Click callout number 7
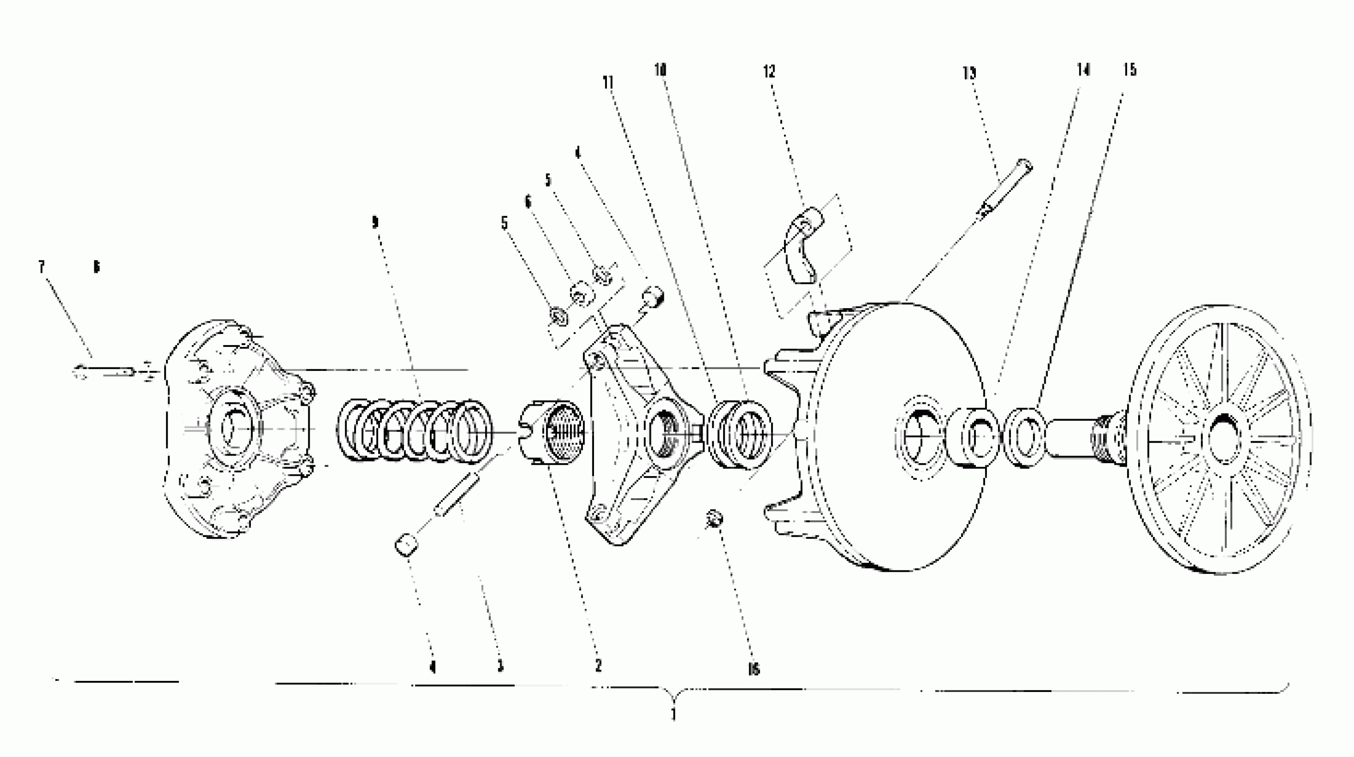[x=41, y=267]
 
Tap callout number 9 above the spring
[x=375, y=223]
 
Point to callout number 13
[x=969, y=73]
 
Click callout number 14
[x=1083, y=69]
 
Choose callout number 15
[x=1130, y=69]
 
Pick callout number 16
[x=753, y=669]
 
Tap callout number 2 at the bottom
[x=598, y=665]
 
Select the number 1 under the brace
[x=673, y=715]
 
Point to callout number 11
[x=608, y=82]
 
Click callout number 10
[x=660, y=69]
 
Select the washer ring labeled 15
[x=1023, y=437]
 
